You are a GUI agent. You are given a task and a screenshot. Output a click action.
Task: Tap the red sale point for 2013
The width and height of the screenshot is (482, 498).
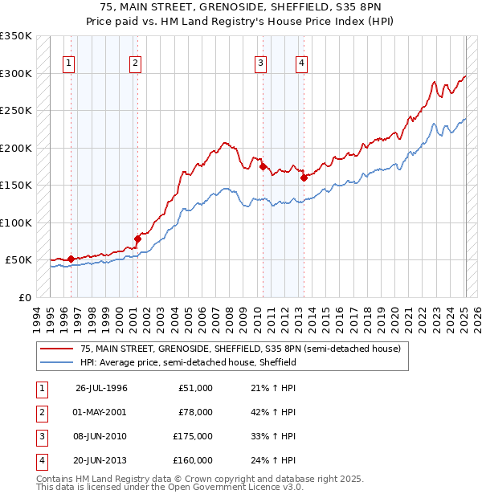304,178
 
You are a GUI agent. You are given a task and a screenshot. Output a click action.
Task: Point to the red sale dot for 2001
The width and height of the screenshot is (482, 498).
137,239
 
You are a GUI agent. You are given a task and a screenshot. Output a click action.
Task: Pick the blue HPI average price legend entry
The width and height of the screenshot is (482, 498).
188,362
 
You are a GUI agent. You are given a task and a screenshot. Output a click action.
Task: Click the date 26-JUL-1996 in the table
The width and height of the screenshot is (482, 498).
101,388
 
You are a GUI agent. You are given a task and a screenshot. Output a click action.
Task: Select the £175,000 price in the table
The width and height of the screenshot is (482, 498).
193,438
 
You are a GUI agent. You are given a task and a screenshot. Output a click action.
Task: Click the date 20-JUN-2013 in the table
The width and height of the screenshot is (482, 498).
101,463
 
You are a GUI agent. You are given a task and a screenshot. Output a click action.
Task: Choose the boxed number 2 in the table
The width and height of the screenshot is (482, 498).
40,413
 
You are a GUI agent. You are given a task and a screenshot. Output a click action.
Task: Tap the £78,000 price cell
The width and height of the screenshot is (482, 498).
195,413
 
